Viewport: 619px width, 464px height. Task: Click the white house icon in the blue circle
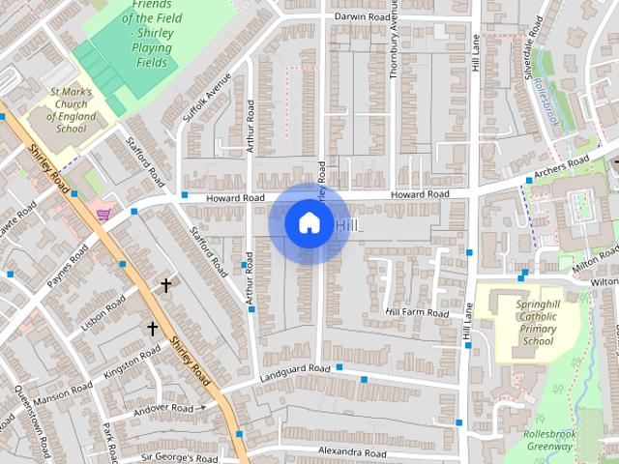[309, 222]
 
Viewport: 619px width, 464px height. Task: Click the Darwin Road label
[362, 17]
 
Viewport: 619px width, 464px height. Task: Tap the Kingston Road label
[132, 363]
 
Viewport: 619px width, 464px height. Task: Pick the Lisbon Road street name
[103, 314]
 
